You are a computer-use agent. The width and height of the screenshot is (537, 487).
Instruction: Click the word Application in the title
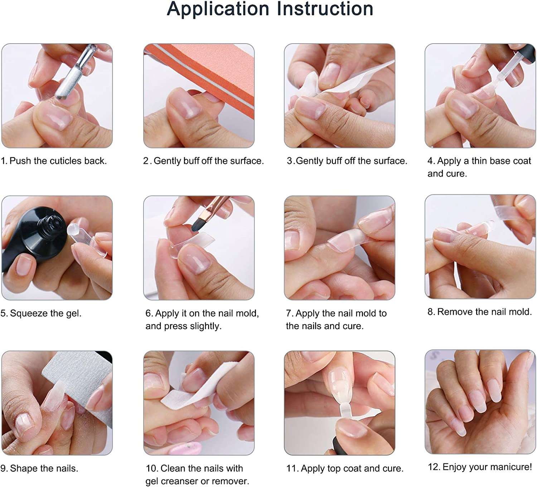pyautogui.click(x=218, y=10)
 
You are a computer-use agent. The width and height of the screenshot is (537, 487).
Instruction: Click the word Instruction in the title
pyautogui.click(x=325, y=9)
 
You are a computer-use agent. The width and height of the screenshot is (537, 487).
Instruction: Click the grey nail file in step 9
pyautogui.click(x=80, y=389)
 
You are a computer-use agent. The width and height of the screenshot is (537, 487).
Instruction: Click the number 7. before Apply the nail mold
pyautogui.click(x=289, y=313)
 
